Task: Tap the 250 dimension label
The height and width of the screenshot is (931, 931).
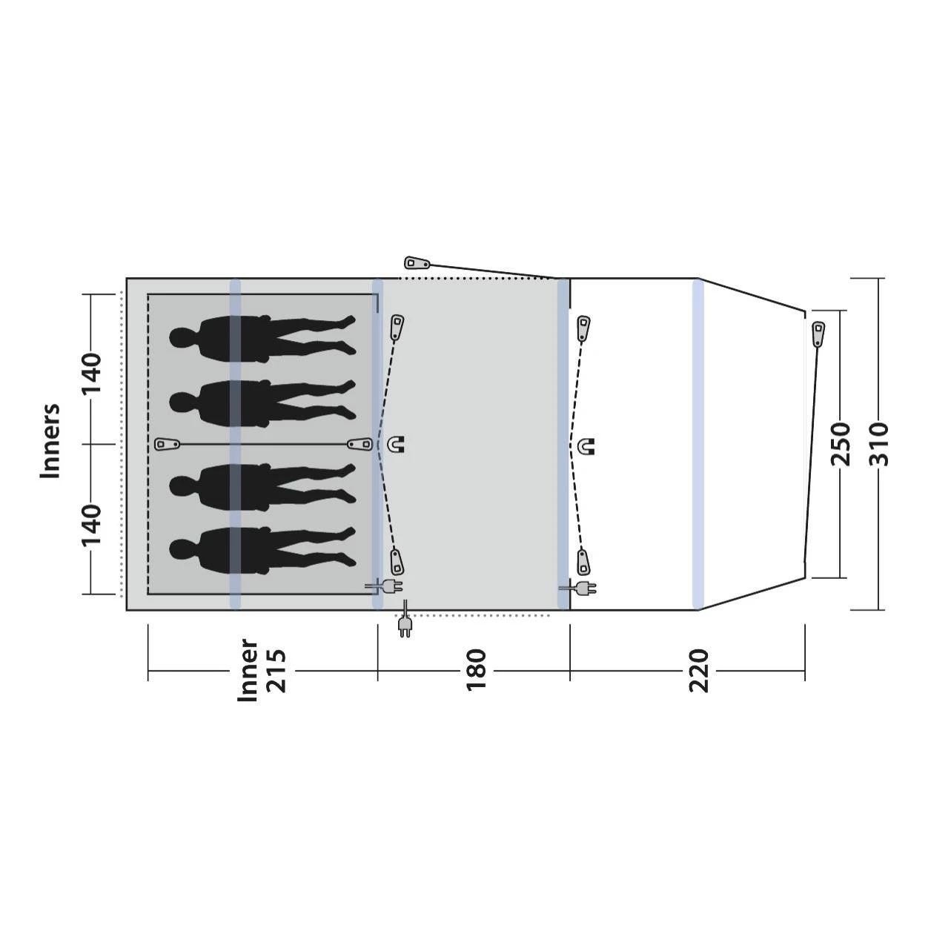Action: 840,445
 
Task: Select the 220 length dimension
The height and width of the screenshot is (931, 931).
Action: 698,671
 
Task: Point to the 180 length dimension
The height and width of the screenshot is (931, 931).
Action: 475,670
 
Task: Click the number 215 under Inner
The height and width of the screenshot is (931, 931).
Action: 276,672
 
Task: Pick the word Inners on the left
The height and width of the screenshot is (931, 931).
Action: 50,442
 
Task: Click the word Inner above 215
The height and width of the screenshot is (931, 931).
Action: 248,671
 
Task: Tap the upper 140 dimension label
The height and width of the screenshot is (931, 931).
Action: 91,374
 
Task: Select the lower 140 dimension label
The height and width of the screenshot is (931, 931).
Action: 91,525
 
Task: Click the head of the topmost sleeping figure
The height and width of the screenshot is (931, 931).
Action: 181,338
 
